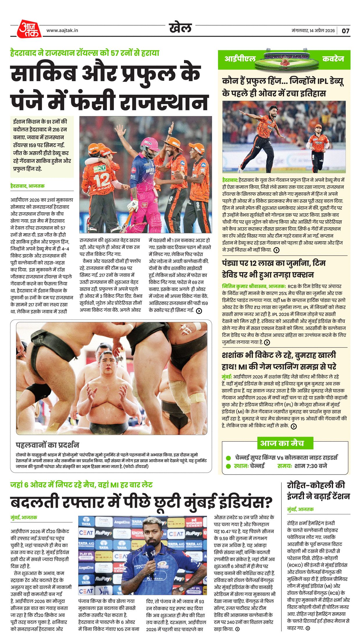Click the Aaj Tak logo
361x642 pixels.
28,29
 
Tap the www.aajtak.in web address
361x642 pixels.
62,30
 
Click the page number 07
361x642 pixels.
345,31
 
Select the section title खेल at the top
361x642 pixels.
180,28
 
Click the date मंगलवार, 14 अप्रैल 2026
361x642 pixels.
313,31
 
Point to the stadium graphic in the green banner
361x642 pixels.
289,60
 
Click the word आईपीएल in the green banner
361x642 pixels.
240,59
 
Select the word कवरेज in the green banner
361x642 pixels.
333,59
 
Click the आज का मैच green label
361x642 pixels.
282,443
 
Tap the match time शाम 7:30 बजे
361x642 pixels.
310,466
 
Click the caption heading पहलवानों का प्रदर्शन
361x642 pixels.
47,445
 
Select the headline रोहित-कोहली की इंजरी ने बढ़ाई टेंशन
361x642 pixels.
318,491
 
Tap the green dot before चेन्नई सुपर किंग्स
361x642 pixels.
228,458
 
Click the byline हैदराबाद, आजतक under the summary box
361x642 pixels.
27,186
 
